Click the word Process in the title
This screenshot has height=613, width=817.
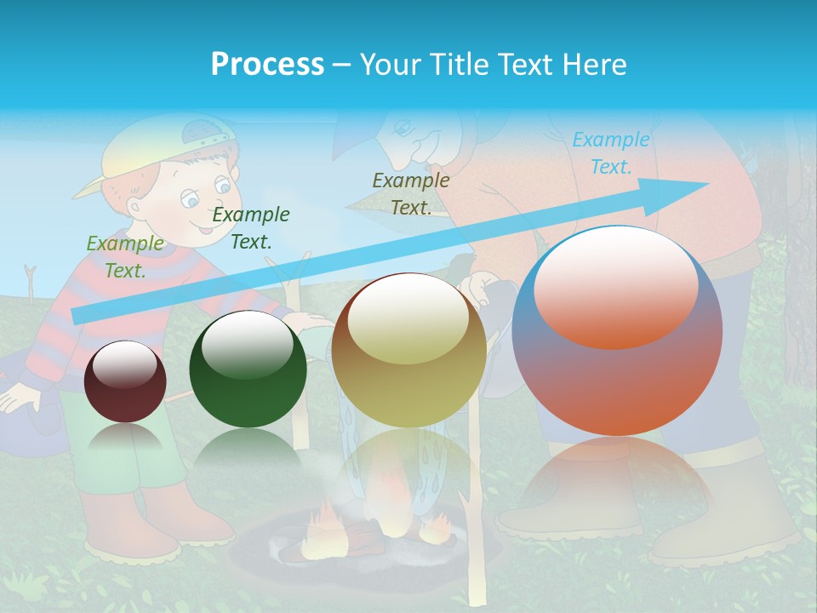click(x=267, y=65)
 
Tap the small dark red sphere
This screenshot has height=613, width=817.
click(x=125, y=381)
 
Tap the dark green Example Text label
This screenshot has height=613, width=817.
click(x=251, y=228)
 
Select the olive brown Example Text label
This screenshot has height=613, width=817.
click(x=411, y=193)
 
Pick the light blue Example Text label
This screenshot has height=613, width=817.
click(x=611, y=153)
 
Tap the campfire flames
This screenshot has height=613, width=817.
click(x=328, y=519)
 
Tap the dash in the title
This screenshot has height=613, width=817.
click(x=342, y=65)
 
